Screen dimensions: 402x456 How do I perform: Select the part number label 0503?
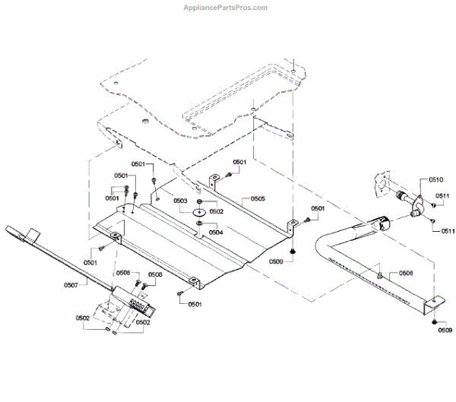(180, 201)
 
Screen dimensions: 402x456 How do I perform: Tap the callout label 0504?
(216, 232)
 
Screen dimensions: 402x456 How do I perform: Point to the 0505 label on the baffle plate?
(258, 199)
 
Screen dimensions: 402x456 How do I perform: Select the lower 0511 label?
(448, 230)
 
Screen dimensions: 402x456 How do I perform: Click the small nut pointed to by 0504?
(199, 223)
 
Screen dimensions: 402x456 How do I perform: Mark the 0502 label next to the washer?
(217, 212)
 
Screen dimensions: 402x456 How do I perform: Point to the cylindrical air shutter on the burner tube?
(382, 224)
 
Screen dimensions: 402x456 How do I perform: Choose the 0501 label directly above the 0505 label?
(239, 162)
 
